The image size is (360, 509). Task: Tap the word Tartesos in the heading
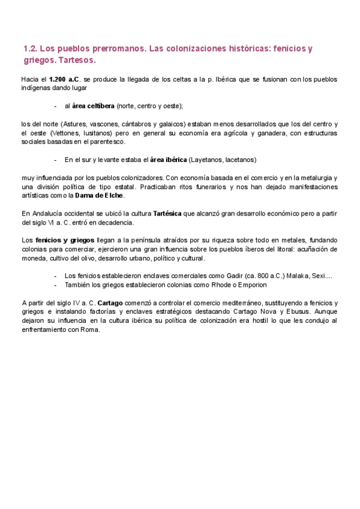coord(77,61)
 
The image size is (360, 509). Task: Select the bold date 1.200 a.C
coord(64,79)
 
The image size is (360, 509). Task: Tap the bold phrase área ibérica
coord(167,160)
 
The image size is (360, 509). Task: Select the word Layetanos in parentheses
coord(206,160)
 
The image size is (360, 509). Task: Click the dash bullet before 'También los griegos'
coord(55,285)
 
